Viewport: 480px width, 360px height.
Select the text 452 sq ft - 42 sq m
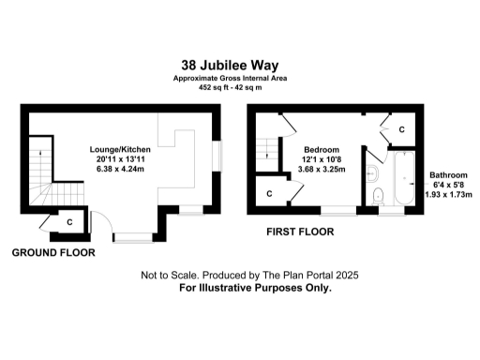(x=239, y=86)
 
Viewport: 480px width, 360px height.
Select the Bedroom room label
(x=322, y=149)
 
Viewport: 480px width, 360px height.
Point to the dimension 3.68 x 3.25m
(x=322, y=170)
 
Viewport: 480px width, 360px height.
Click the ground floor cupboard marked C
(x=69, y=221)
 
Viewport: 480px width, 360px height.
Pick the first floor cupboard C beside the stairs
(x=270, y=193)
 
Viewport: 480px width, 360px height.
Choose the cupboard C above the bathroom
(x=401, y=129)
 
